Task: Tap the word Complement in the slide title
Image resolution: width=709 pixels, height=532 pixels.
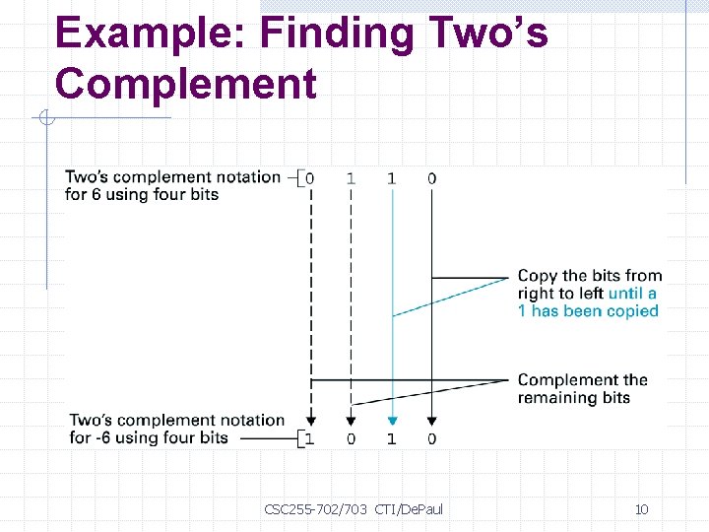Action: pyautogui.click(x=186, y=83)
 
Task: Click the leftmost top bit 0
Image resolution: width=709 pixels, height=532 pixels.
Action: pyautogui.click(x=310, y=178)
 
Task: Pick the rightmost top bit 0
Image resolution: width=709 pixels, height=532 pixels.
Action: pyautogui.click(x=432, y=178)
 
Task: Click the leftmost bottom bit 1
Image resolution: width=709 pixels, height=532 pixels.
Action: pyautogui.click(x=310, y=438)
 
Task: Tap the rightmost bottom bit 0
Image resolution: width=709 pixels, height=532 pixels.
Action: pyautogui.click(x=432, y=438)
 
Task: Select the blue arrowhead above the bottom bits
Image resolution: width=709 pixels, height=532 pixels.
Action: pyautogui.click(x=392, y=420)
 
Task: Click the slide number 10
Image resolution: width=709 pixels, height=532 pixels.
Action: pyautogui.click(x=641, y=509)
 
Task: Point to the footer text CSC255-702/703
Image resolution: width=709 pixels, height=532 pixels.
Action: pyautogui.click(x=315, y=509)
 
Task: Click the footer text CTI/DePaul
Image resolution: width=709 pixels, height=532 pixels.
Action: pyautogui.click(x=410, y=509)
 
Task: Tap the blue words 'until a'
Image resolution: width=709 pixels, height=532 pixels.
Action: pyautogui.click(x=632, y=294)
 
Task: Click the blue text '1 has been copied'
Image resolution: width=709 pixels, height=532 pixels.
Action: pyautogui.click(x=588, y=311)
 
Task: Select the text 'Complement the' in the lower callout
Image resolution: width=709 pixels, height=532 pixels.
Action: pyautogui.click(x=582, y=380)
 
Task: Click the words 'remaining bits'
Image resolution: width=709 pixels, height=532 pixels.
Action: pyautogui.click(x=573, y=398)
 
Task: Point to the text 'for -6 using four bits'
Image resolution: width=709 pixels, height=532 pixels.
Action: pyautogui.click(x=149, y=437)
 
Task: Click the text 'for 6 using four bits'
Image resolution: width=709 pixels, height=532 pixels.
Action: pyautogui.click(x=142, y=195)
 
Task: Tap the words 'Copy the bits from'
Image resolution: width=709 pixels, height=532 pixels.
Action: pyautogui.click(x=589, y=276)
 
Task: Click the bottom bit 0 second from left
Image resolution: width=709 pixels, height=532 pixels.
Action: pyautogui.click(x=351, y=438)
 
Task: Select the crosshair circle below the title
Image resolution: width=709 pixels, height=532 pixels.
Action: pyautogui.click(x=46, y=119)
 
